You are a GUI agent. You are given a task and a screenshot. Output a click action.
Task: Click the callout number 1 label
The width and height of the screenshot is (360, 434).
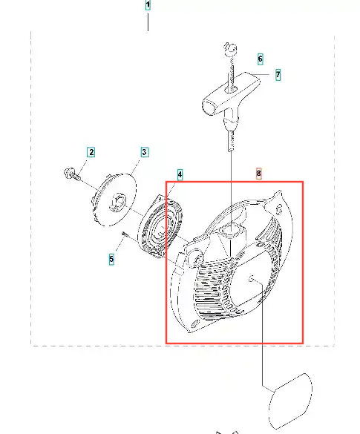click(x=148, y=5)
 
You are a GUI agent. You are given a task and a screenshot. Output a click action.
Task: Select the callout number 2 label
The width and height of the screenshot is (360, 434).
click(x=91, y=152)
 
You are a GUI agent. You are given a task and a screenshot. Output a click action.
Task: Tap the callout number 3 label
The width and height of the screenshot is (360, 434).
click(x=144, y=152)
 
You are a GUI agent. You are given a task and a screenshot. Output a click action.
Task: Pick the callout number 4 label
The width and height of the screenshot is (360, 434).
click(x=180, y=174)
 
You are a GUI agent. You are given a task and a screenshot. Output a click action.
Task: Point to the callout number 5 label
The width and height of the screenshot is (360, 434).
click(x=111, y=260)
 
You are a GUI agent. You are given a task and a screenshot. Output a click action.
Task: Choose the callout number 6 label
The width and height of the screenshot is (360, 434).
click(x=260, y=59)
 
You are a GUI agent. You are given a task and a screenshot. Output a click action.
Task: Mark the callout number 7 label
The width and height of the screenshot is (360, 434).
click(x=278, y=75)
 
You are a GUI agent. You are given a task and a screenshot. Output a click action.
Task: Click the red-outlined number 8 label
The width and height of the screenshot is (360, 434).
click(x=258, y=174)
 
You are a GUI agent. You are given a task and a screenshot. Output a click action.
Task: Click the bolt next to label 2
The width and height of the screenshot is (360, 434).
click(x=72, y=174)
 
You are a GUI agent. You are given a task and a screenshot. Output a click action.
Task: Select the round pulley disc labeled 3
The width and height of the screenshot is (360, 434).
click(x=114, y=200)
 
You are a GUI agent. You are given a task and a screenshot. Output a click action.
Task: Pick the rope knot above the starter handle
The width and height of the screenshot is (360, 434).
click(x=230, y=50)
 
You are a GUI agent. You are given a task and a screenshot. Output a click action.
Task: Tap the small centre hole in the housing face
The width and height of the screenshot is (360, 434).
click(x=252, y=279)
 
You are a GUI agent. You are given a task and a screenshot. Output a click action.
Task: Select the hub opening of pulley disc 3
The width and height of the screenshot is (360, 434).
click(x=118, y=203)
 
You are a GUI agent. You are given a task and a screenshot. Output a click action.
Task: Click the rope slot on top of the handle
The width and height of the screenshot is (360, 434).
click(x=231, y=89)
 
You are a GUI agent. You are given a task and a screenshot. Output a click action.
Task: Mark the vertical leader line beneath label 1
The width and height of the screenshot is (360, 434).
click(x=148, y=22)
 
